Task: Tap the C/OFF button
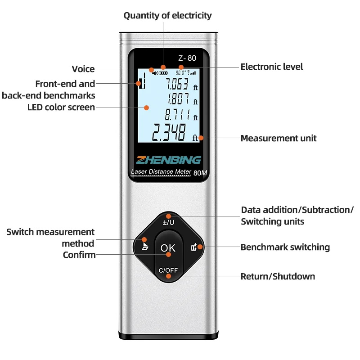tap(169, 270)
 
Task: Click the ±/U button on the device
tap(168, 221)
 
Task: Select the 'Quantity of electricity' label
tap(167, 15)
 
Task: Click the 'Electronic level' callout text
tap(272, 67)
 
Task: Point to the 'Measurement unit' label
tap(279, 138)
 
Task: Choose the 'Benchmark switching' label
tap(285, 247)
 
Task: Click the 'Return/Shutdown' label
tap(278, 276)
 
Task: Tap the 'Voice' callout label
tap(83, 69)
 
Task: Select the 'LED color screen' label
tap(61, 107)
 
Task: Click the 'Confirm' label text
tap(79, 255)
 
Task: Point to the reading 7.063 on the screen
tap(176, 84)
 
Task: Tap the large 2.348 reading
tap(168, 133)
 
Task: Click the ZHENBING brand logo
tap(169, 160)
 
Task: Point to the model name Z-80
tap(187, 58)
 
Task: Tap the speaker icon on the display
tap(155, 72)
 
